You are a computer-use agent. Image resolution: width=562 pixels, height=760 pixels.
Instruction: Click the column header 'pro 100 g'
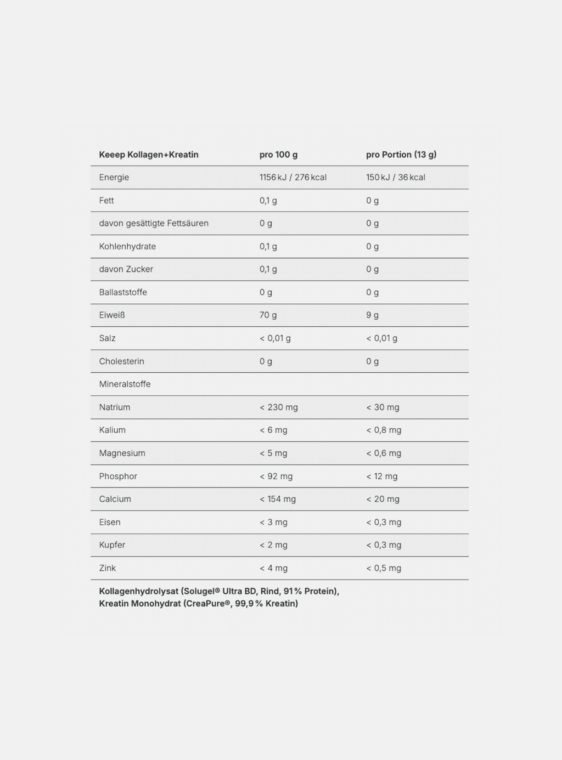click(x=278, y=155)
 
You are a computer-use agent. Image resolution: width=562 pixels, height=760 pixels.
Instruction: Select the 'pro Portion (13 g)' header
click(x=401, y=155)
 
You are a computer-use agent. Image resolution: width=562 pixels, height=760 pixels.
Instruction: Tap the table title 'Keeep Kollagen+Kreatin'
click(x=149, y=155)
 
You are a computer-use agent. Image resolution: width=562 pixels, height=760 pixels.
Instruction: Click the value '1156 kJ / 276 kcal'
click(x=293, y=178)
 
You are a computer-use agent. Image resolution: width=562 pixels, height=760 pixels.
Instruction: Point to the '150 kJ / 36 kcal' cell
click(x=395, y=178)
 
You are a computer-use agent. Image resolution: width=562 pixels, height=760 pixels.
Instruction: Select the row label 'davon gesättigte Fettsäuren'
click(x=154, y=223)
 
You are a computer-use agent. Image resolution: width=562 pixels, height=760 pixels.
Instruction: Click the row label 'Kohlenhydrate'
click(x=127, y=246)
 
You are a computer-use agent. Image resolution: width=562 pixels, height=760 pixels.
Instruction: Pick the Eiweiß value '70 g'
click(x=268, y=315)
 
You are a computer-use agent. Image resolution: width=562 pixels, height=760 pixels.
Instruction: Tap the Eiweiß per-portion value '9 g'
click(x=372, y=315)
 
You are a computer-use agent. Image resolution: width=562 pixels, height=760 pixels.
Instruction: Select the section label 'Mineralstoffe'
click(x=125, y=384)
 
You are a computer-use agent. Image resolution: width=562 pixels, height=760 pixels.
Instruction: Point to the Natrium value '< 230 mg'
click(x=278, y=407)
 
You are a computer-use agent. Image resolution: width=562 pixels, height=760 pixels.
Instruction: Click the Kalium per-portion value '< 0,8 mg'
click(x=384, y=430)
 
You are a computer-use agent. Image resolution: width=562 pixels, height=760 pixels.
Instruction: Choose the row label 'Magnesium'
click(x=122, y=453)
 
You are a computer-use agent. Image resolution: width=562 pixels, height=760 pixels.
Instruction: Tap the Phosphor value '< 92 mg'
click(x=276, y=477)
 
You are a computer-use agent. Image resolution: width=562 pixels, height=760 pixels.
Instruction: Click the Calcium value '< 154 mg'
click(x=277, y=499)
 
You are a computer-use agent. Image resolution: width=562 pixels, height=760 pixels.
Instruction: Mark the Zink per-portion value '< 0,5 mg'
click(x=384, y=568)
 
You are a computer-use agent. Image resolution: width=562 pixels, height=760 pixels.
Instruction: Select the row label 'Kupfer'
click(x=112, y=545)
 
